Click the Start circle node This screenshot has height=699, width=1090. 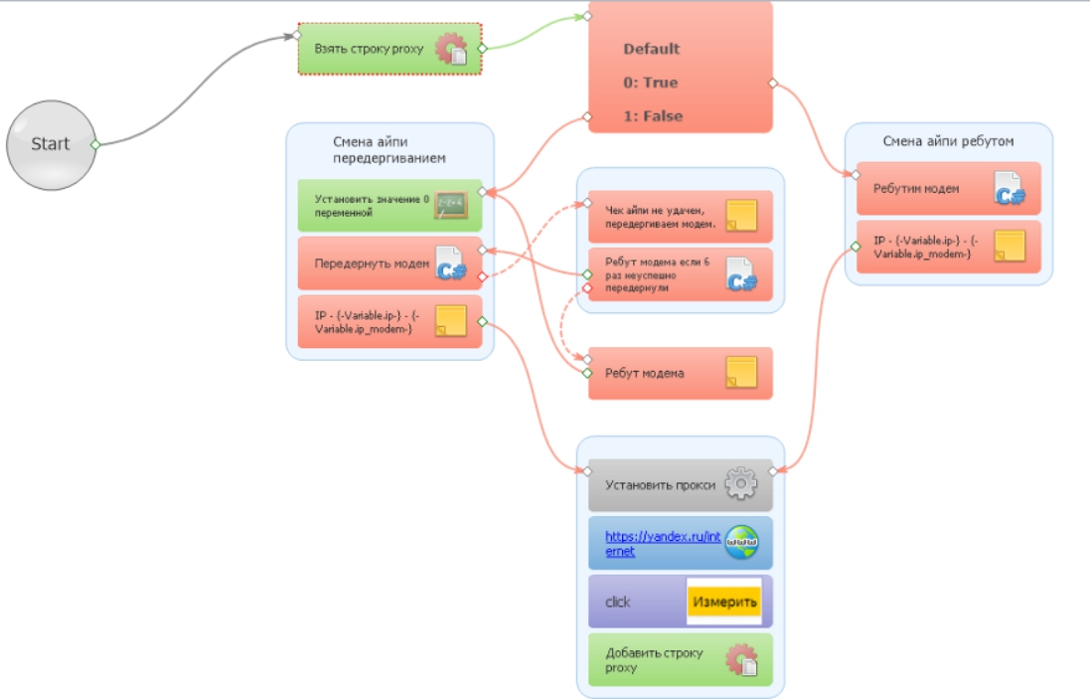click(x=51, y=144)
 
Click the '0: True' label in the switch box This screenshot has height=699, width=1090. click(x=650, y=83)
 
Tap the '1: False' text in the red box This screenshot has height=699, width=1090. click(x=653, y=116)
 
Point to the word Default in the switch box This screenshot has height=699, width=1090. click(x=651, y=49)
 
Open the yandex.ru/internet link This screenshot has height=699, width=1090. click(x=662, y=543)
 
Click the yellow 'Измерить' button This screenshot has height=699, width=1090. click(x=724, y=602)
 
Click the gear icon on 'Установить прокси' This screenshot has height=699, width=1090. click(x=740, y=484)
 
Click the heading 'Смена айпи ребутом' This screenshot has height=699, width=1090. click(x=948, y=141)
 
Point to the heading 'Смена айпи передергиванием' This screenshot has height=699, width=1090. click(x=389, y=150)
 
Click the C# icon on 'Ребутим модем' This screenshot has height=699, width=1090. click(x=1010, y=189)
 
